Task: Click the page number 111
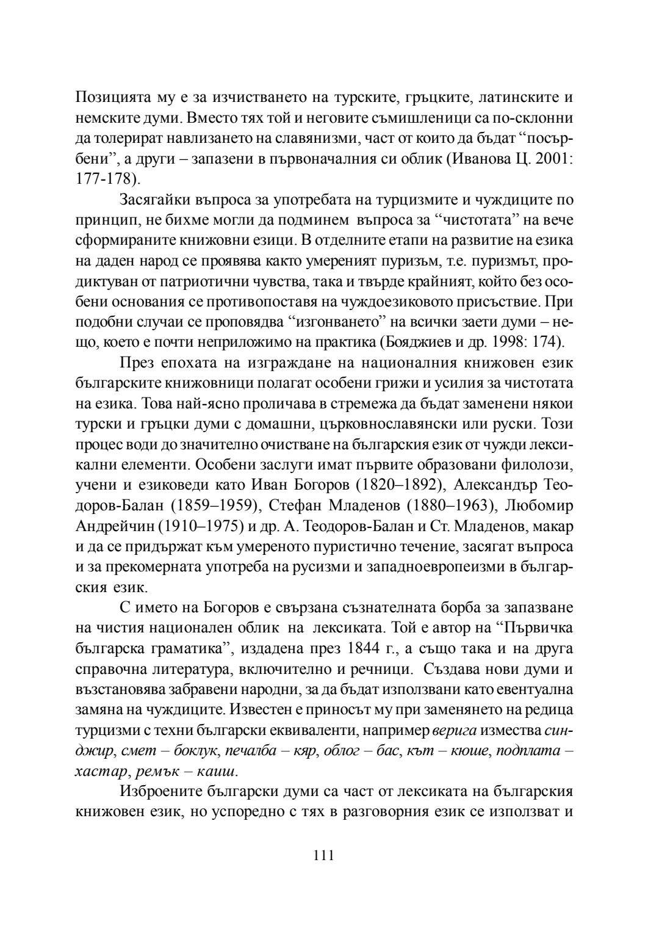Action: (323, 855)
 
